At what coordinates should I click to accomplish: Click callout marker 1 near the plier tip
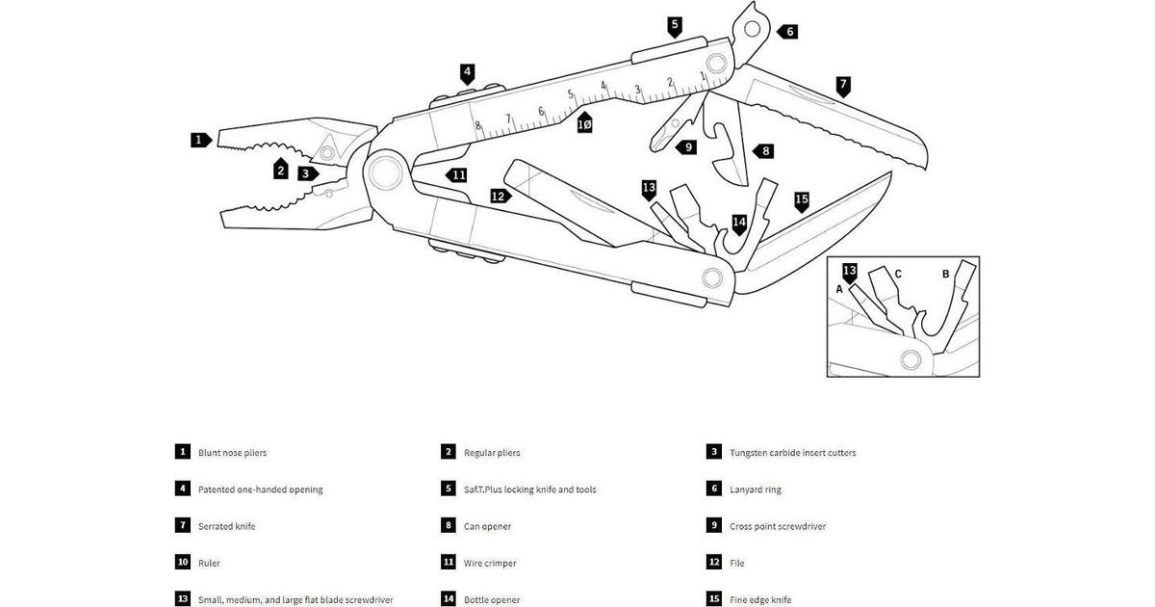[199, 140]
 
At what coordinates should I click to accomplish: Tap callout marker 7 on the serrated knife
[842, 84]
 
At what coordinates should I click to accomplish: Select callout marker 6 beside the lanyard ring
[788, 31]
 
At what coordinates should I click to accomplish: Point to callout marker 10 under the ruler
[584, 124]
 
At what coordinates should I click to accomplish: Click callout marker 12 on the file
[499, 196]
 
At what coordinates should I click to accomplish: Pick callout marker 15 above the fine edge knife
[801, 200]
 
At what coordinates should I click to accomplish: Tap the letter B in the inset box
[945, 274]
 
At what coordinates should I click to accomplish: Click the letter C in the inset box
[898, 274]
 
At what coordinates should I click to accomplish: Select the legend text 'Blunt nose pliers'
[232, 452]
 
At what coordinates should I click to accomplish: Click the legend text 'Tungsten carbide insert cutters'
[792, 452]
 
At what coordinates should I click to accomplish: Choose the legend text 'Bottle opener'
[492, 599]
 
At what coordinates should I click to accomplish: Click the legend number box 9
[714, 526]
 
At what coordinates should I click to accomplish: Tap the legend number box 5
[449, 489]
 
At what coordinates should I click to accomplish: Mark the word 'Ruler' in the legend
[209, 563]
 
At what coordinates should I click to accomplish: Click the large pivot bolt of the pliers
[383, 172]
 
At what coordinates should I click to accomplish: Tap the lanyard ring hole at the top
[751, 27]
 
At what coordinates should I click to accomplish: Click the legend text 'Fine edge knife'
[760, 599]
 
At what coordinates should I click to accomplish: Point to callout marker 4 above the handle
[467, 71]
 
